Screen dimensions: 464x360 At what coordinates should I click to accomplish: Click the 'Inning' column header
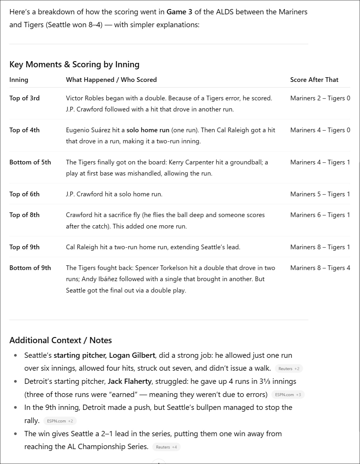(19, 80)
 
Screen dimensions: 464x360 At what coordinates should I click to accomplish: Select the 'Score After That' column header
(314, 80)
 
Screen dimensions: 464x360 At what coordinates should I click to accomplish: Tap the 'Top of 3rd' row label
(24, 98)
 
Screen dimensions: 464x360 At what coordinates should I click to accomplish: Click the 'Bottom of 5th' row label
(30, 162)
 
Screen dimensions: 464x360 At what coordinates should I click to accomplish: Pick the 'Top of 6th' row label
(24, 194)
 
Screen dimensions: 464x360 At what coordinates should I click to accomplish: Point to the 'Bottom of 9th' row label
(30, 268)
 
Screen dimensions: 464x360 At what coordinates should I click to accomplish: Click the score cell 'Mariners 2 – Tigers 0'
(320, 98)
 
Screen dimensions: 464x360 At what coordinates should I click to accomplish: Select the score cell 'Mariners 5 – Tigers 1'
(320, 194)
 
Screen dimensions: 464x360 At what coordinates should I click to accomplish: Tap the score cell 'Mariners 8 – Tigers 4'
(320, 268)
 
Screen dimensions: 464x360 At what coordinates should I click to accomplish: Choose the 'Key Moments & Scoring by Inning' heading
(74, 64)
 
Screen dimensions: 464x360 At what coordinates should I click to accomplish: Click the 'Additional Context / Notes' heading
(61, 340)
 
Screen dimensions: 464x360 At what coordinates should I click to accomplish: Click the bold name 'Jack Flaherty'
(130, 381)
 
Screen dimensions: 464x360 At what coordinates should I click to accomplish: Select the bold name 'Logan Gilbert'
(132, 355)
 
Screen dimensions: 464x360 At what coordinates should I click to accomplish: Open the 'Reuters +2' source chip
(289, 369)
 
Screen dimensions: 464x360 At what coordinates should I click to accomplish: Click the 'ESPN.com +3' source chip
(288, 395)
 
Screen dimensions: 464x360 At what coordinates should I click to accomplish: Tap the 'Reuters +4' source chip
(166, 447)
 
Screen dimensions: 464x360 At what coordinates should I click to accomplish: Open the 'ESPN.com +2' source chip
(60, 421)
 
